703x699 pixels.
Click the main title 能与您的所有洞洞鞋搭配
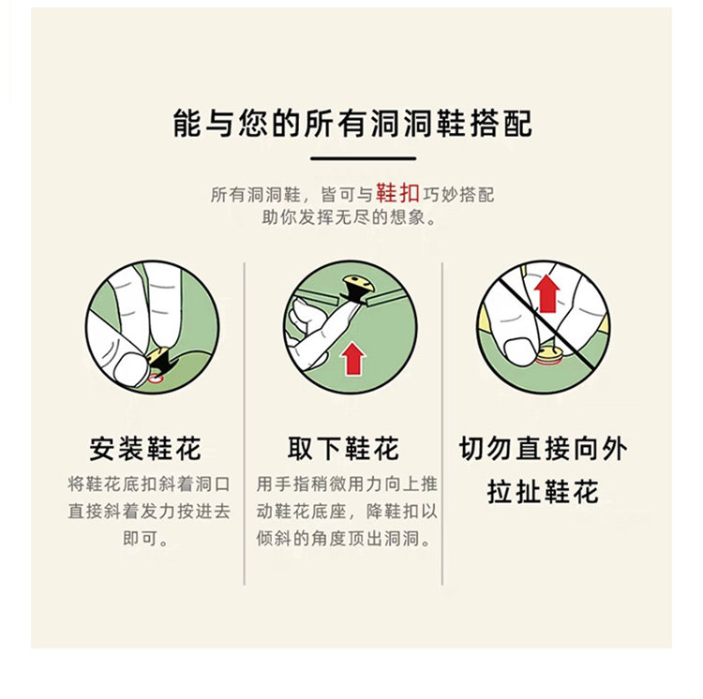click(x=352, y=123)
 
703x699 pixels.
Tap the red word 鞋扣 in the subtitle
click(x=397, y=193)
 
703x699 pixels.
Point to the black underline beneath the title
click(x=363, y=158)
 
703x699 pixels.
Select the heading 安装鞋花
click(x=145, y=449)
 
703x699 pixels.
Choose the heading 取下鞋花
click(x=343, y=449)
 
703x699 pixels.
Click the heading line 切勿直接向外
click(x=543, y=449)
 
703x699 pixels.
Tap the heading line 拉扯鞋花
click(x=543, y=492)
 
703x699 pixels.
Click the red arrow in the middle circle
click(x=353, y=359)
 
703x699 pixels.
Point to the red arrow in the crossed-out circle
click(x=547, y=293)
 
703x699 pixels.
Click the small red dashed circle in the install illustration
click(x=155, y=378)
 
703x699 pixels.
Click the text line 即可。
click(x=145, y=538)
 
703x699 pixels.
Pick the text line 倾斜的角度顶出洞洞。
click(x=343, y=538)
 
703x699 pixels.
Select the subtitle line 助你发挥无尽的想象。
click(x=349, y=217)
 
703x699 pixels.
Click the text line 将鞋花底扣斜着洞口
click(x=149, y=484)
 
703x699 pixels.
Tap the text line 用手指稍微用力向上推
click(x=347, y=484)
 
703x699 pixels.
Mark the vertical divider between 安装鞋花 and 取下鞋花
click(x=245, y=424)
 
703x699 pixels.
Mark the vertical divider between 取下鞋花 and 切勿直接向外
click(x=442, y=424)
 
